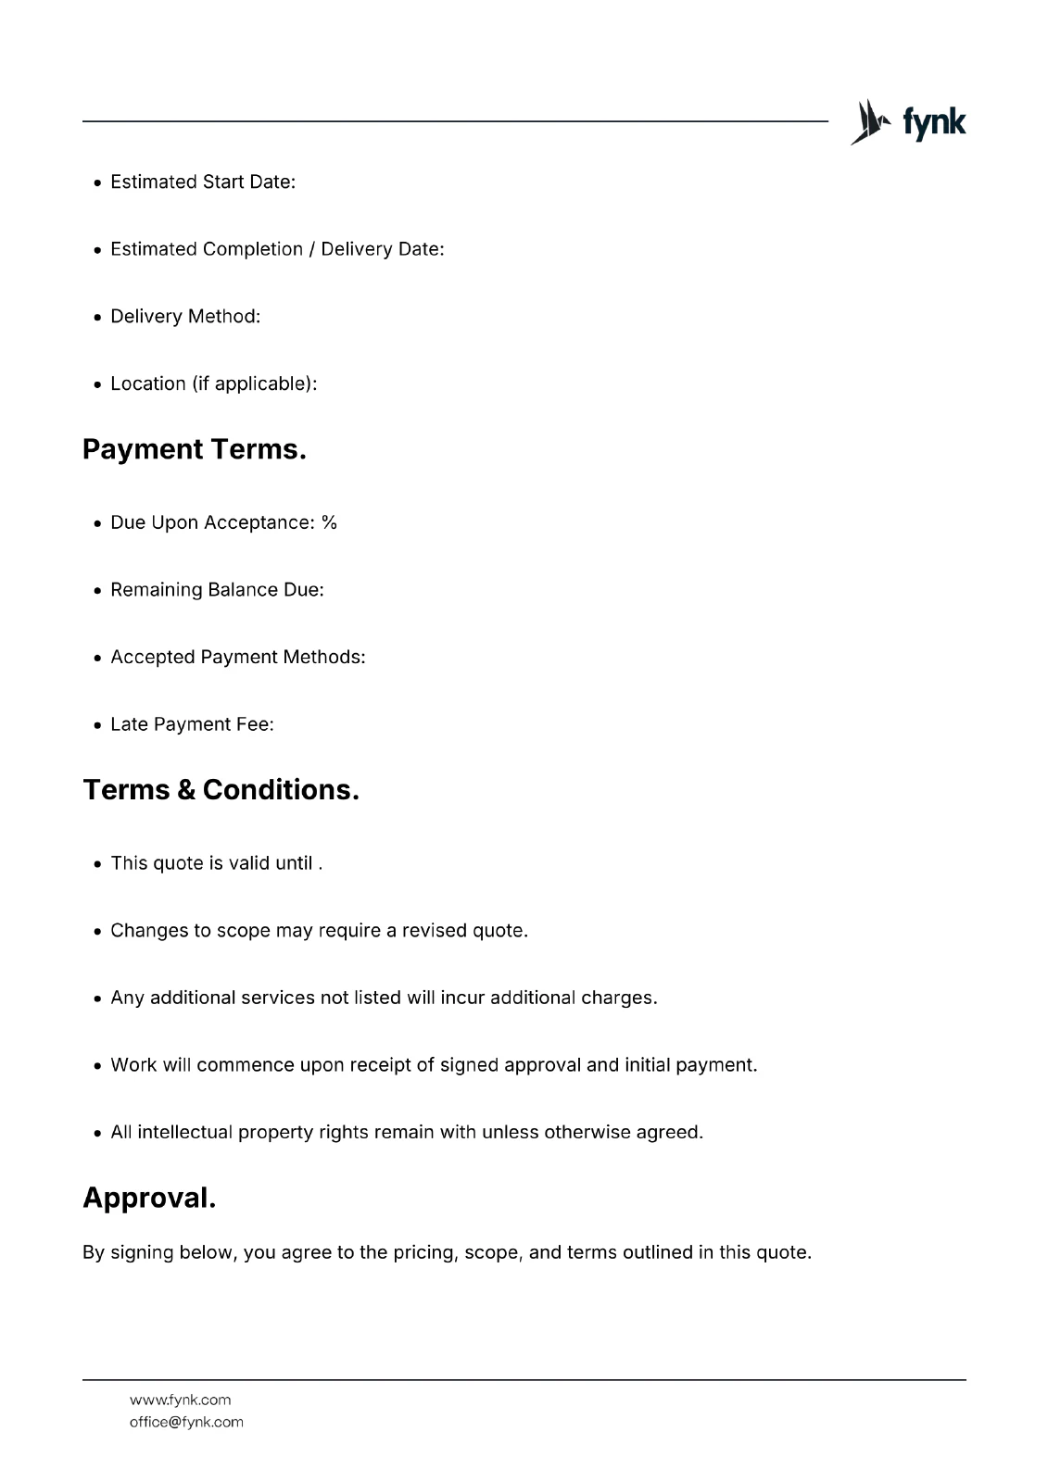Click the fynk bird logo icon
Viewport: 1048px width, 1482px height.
869,122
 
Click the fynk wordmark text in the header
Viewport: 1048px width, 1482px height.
934,122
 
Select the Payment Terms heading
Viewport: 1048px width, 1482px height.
194,449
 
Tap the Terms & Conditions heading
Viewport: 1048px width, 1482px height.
221,790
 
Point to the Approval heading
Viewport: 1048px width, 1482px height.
149,1198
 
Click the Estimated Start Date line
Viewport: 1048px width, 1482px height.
203,182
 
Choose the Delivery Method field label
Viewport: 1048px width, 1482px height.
185,317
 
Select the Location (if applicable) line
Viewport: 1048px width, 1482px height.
213,383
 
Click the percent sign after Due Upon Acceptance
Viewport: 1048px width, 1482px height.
329,522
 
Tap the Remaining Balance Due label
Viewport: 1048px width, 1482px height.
217,590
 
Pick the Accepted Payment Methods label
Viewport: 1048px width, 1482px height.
237,657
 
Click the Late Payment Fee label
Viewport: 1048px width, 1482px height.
192,724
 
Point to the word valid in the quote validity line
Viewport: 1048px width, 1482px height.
248,863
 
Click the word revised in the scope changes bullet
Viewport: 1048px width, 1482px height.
435,930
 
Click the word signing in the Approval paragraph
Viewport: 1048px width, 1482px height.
142,1252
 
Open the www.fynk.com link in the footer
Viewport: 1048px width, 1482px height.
180,1400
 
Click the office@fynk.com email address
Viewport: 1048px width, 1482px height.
186,1422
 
